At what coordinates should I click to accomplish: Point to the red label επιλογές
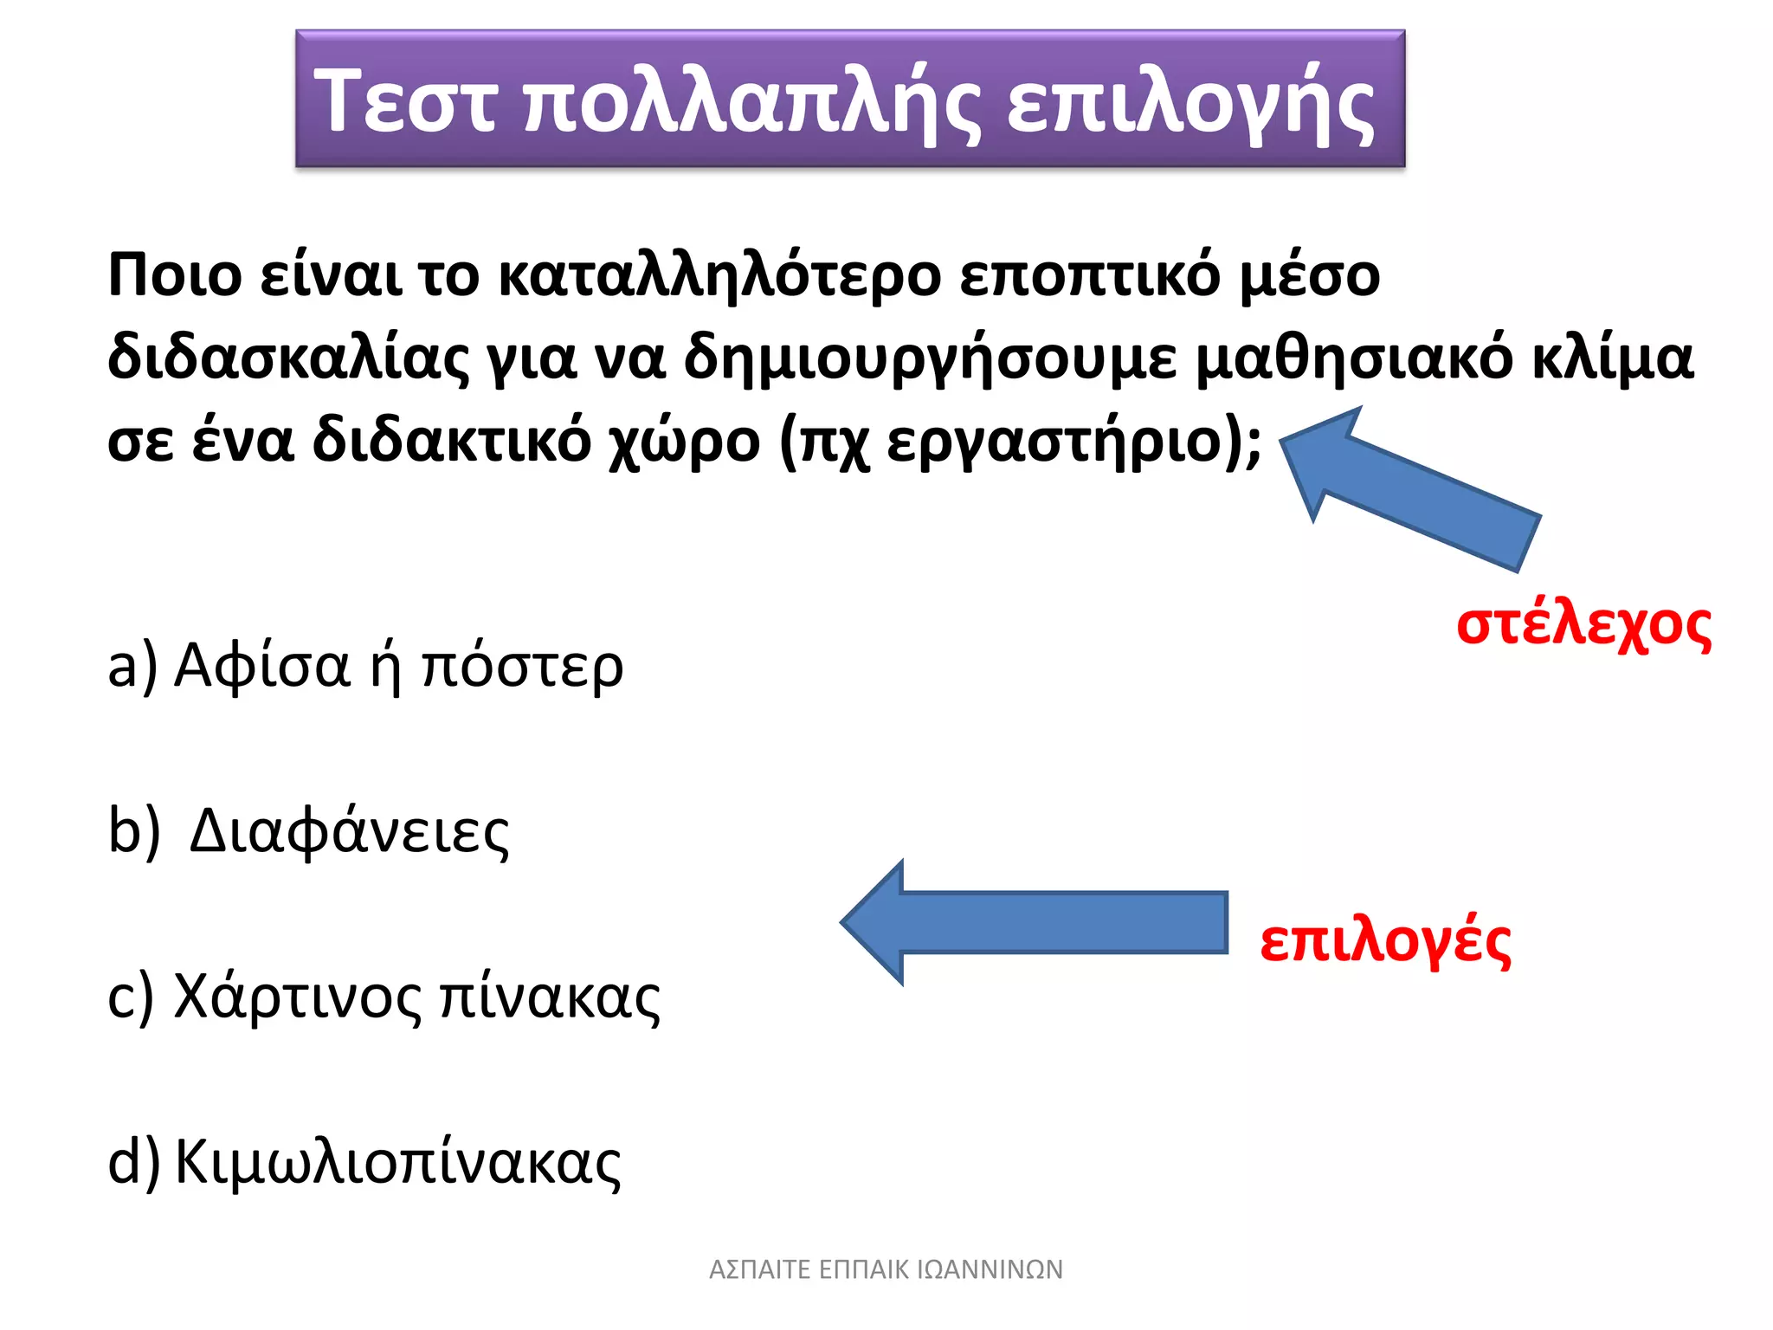click(1385, 942)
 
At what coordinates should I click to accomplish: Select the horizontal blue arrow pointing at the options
click(1035, 922)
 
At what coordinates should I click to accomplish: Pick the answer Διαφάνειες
click(349, 832)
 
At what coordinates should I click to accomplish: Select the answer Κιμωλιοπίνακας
click(398, 1163)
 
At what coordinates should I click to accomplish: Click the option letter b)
click(134, 831)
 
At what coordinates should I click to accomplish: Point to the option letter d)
click(134, 1162)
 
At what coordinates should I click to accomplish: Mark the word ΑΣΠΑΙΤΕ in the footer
click(759, 1269)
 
